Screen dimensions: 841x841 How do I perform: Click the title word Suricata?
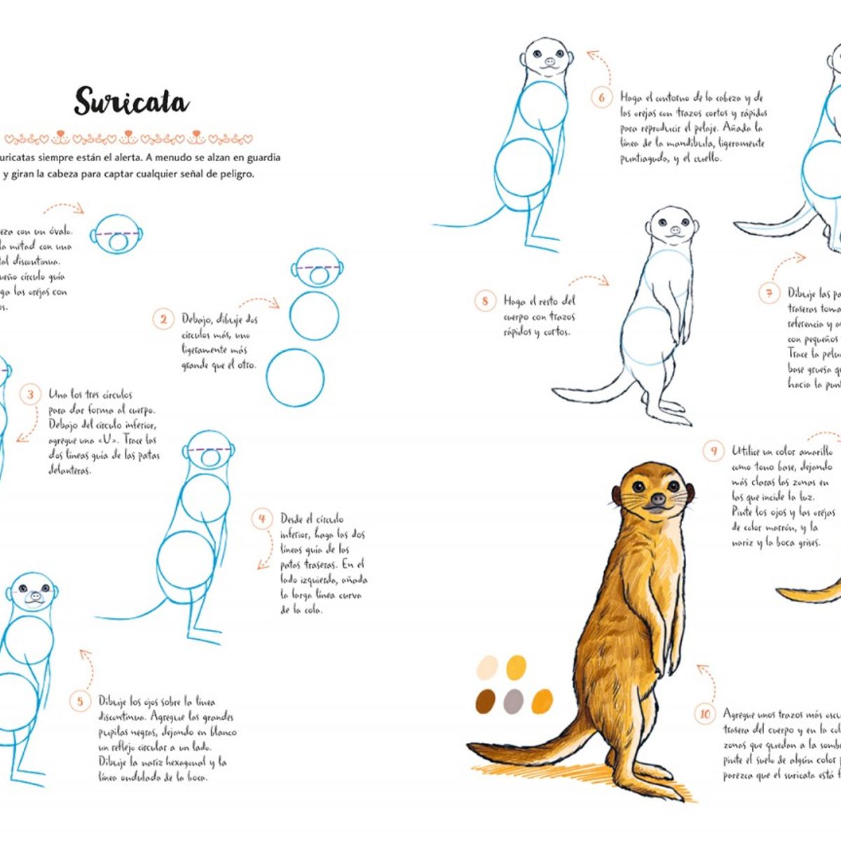(x=131, y=102)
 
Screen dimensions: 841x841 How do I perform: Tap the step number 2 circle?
(x=163, y=320)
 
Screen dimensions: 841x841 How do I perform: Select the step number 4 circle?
(x=262, y=519)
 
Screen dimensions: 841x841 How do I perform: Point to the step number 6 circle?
(x=601, y=97)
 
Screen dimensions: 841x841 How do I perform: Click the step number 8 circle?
(x=485, y=301)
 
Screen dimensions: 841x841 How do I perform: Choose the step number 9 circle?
(x=713, y=451)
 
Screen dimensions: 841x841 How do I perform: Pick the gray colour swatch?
(x=514, y=701)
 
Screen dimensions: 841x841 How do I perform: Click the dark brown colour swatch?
(x=485, y=701)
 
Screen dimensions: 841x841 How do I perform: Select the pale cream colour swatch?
(x=487, y=666)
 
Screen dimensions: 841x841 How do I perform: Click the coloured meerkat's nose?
(x=657, y=500)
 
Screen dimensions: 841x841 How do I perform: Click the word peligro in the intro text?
(x=229, y=174)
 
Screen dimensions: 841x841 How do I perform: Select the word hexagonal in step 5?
(x=183, y=762)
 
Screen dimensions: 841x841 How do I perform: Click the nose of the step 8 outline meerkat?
(x=674, y=230)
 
